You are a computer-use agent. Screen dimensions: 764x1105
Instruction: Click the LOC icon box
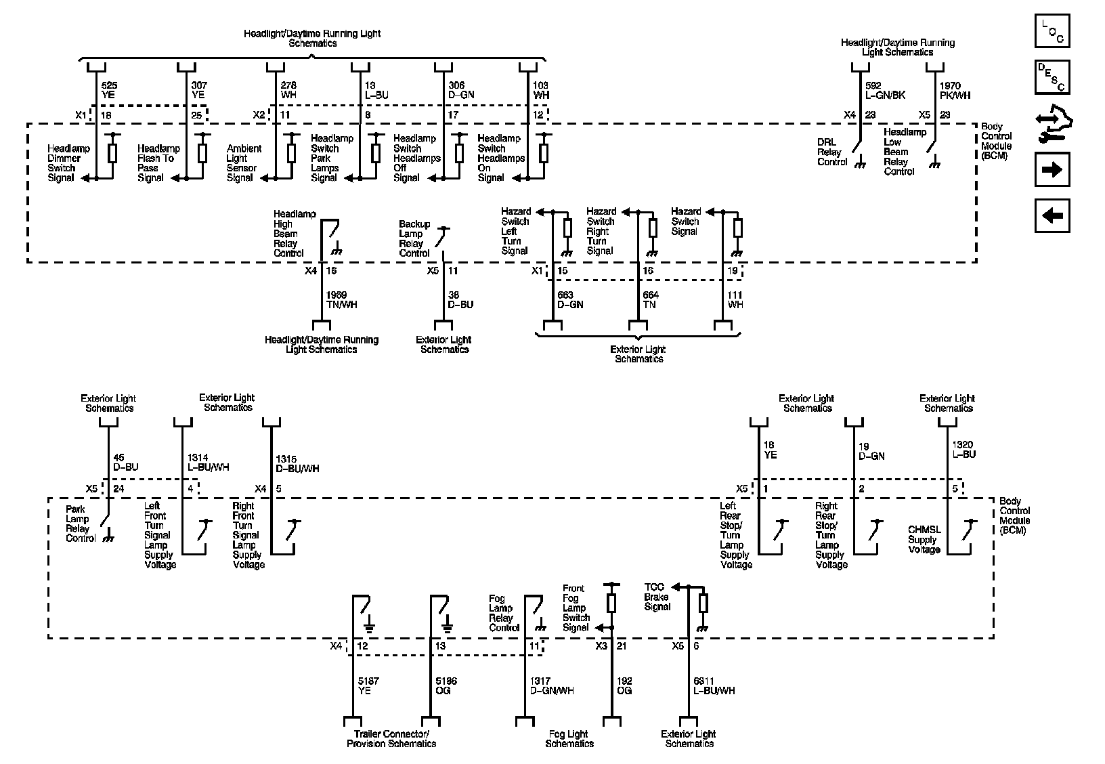coord(1052,31)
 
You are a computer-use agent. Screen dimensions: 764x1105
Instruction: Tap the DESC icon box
coord(1052,77)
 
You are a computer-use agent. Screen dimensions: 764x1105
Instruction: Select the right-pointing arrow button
coord(1052,169)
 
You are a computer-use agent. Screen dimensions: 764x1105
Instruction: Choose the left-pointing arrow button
coord(1052,216)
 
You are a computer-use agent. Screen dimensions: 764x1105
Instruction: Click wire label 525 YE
coord(108,90)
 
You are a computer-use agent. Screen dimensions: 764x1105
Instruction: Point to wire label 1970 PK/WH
coord(955,91)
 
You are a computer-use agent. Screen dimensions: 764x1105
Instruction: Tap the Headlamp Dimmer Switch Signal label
coord(64,163)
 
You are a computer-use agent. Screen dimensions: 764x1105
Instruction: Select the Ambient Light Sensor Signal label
coord(244,163)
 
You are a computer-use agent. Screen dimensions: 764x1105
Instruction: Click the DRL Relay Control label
coord(832,152)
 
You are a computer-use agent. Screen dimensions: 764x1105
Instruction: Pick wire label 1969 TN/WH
coord(341,299)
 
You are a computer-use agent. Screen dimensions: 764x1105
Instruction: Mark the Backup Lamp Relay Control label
coord(414,238)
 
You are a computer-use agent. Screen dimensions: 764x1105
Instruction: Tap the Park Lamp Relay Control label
coord(81,524)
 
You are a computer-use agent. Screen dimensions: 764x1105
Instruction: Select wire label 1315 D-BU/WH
coord(297,464)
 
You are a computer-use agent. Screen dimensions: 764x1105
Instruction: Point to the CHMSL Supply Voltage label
coord(924,540)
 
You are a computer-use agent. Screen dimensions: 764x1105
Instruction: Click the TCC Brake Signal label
coord(657,597)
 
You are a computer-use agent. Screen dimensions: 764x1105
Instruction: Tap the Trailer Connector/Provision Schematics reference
coord(391,739)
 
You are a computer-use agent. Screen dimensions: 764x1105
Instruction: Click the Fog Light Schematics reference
coord(569,739)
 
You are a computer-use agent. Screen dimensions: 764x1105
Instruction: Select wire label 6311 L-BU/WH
coord(714,685)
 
